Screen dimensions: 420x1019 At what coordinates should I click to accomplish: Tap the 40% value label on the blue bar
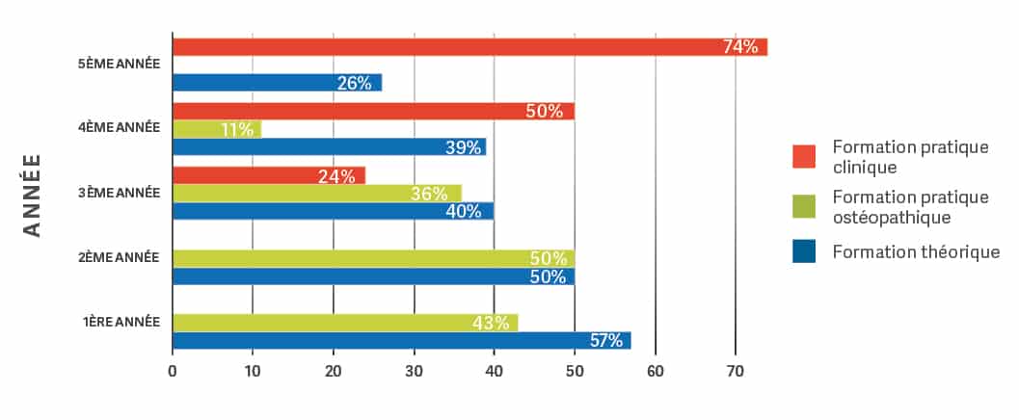click(x=463, y=212)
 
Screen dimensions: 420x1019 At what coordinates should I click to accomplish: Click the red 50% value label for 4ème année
click(x=545, y=111)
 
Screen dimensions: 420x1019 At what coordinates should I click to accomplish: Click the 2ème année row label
click(x=120, y=257)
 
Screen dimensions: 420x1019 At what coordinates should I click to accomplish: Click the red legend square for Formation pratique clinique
click(x=803, y=156)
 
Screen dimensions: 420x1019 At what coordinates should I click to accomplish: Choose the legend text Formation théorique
click(x=916, y=252)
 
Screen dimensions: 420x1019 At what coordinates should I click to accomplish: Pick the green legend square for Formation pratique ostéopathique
click(x=803, y=204)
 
